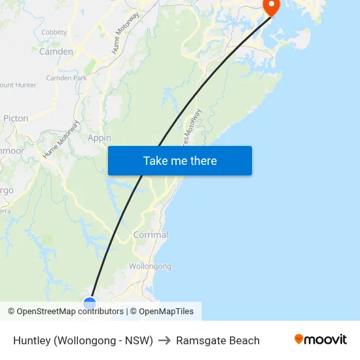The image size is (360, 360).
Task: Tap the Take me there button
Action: (x=180, y=161)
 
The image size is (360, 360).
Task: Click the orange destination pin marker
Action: (x=271, y=6)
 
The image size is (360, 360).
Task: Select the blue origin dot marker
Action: (x=90, y=303)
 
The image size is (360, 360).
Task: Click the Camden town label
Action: (x=56, y=51)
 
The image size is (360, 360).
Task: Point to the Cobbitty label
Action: (x=54, y=32)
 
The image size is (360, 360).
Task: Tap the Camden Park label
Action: (x=66, y=78)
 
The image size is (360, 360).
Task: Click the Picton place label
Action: (x=16, y=118)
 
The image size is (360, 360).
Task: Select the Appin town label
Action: (x=99, y=138)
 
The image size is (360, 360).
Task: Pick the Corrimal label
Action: (x=151, y=234)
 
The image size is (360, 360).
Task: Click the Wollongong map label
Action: (x=150, y=266)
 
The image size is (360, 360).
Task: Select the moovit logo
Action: (x=321, y=339)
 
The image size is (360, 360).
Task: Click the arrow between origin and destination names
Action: (x=164, y=340)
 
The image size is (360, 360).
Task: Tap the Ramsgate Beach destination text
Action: (x=218, y=340)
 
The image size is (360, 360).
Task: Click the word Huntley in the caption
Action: (x=32, y=340)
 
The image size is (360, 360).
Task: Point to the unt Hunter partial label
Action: (x=18, y=85)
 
